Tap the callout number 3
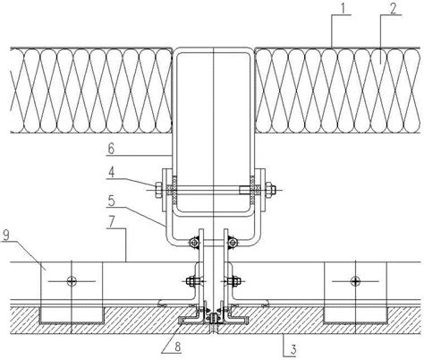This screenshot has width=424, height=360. tap(293, 350)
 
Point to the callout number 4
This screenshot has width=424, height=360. tap(111, 173)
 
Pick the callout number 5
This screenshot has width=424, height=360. tap(111, 201)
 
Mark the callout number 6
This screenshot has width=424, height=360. tap(111, 149)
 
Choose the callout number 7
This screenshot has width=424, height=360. tap(111, 222)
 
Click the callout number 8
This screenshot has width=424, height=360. tap(177, 347)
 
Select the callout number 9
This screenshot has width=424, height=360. tap(6, 235)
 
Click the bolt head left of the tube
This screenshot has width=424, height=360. tap(158, 190)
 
